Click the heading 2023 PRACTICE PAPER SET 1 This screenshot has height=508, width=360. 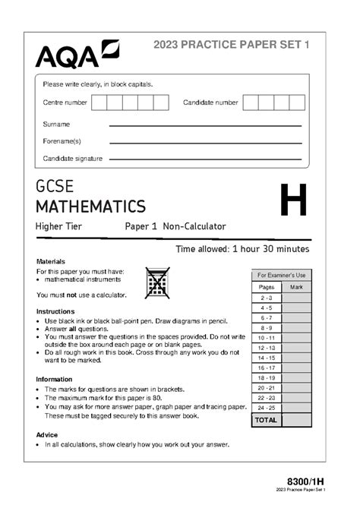point(232,46)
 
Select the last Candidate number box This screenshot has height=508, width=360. point(297,103)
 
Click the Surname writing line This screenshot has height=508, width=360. point(205,125)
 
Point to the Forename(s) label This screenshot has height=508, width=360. point(62,141)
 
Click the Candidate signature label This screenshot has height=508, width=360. point(73,159)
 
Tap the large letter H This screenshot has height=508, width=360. point(293,201)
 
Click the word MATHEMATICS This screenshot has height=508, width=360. point(90,206)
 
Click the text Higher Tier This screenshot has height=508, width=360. point(58,226)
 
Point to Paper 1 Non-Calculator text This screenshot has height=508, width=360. point(175,226)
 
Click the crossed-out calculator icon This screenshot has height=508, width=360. point(157,283)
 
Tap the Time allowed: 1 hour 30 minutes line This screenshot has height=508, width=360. point(242,249)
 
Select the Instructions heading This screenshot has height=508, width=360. point(55,311)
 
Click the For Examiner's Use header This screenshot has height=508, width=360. point(281,275)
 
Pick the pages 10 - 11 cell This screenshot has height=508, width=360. point(267,338)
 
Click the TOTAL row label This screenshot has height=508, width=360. point(266,419)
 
